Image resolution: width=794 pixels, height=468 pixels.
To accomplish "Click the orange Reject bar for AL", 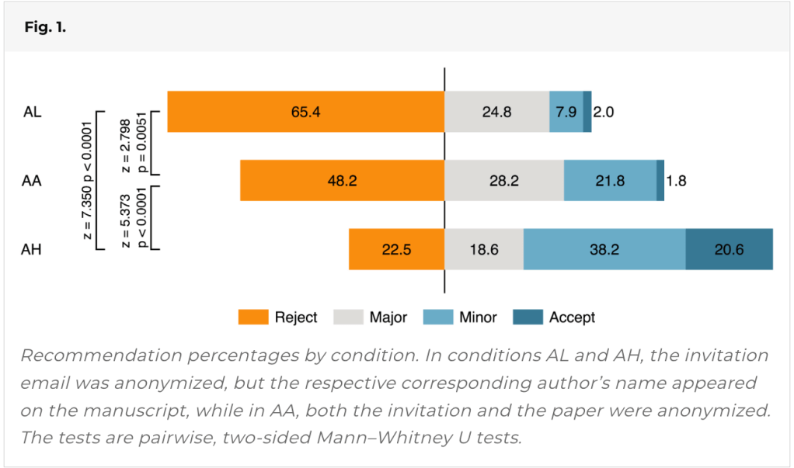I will [x=305, y=112].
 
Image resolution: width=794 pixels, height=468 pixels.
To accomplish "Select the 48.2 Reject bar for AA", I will [x=342, y=181].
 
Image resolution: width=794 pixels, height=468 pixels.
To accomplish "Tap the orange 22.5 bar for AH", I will [x=396, y=249].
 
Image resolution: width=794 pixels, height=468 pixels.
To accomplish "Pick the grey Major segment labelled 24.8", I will [x=496, y=112].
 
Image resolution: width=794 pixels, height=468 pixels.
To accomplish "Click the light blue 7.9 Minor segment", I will [x=566, y=112].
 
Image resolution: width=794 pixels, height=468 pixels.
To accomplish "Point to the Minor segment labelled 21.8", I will [x=610, y=181].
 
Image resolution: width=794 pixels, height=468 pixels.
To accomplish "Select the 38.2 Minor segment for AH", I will [x=604, y=249].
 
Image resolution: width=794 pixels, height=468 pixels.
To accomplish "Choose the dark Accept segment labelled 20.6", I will [x=729, y=249].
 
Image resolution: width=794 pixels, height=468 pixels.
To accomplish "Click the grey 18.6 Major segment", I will [x=484, y=249].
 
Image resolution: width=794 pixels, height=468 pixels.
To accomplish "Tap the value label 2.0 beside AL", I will [x=604, y=112].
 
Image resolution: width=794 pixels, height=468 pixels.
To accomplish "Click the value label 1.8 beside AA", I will [x=677, y=181].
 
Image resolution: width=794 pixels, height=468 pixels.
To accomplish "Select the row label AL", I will [x=32, y=112].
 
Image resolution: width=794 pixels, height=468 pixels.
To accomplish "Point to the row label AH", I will [x=32, y=250].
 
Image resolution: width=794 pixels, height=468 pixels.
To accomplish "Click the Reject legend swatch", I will [x=252, y=317].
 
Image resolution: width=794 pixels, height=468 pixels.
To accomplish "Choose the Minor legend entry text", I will [x=478, y=317].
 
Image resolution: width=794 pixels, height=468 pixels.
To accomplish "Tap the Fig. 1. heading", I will [x=46, y=27].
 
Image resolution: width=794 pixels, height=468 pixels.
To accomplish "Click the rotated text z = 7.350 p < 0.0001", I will [x=88, y=180].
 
